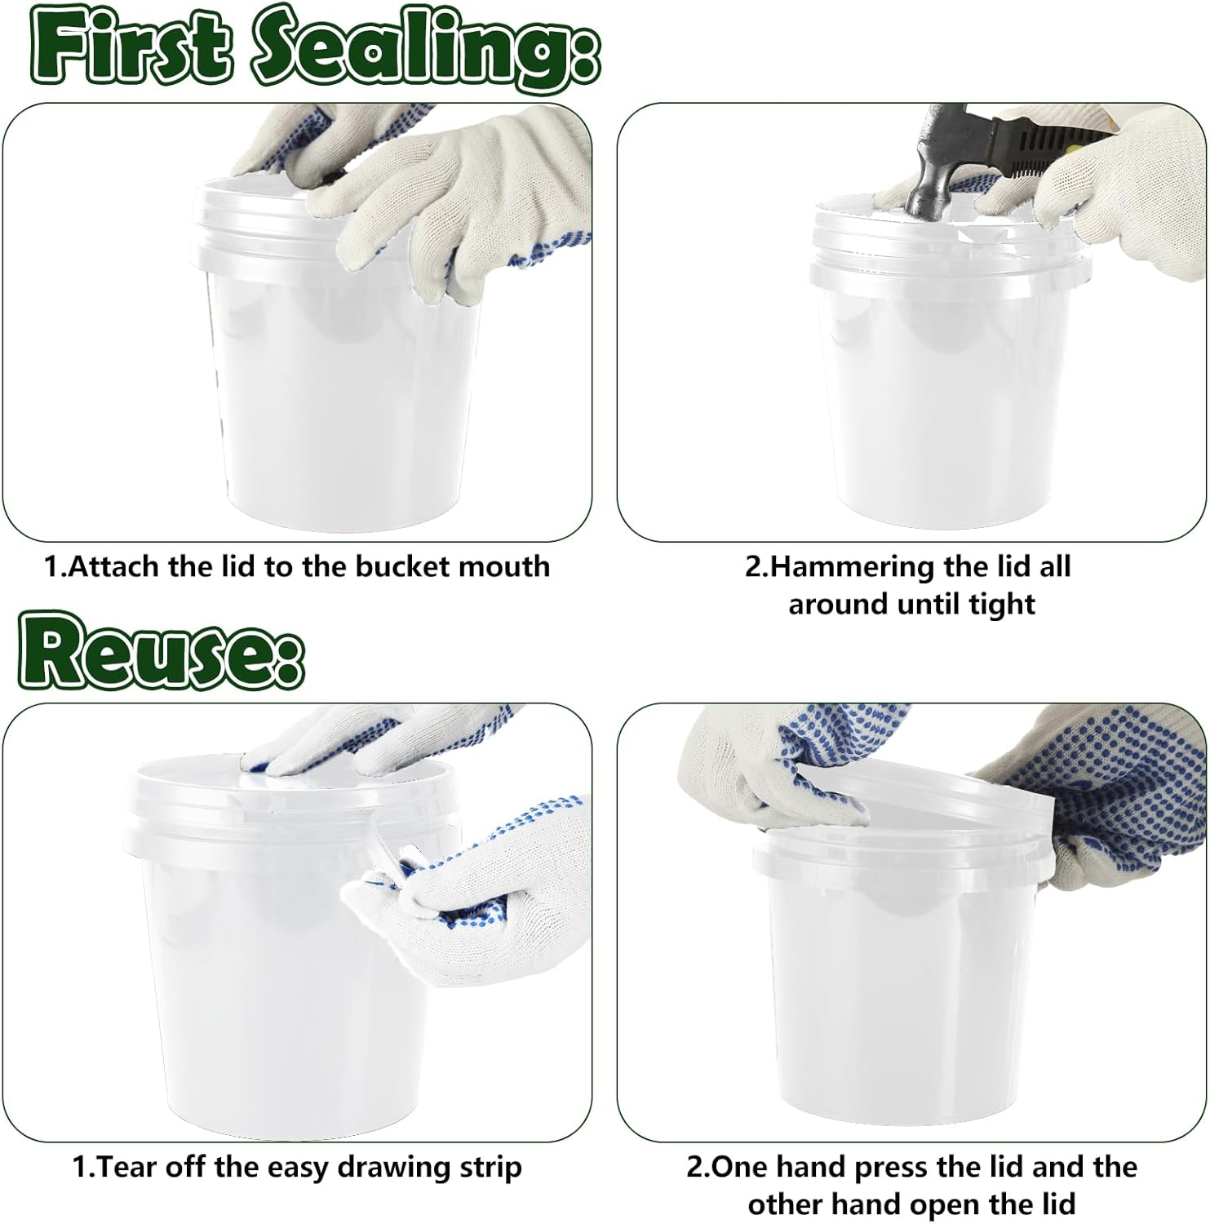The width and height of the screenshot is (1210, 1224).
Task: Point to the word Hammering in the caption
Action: pyautogui.click(x=852, y=566)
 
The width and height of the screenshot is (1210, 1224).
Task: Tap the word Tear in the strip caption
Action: pyautogui.click(x=130, y=1167)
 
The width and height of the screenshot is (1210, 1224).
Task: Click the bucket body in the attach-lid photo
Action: pyautogui.click(x=343, y=392)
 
